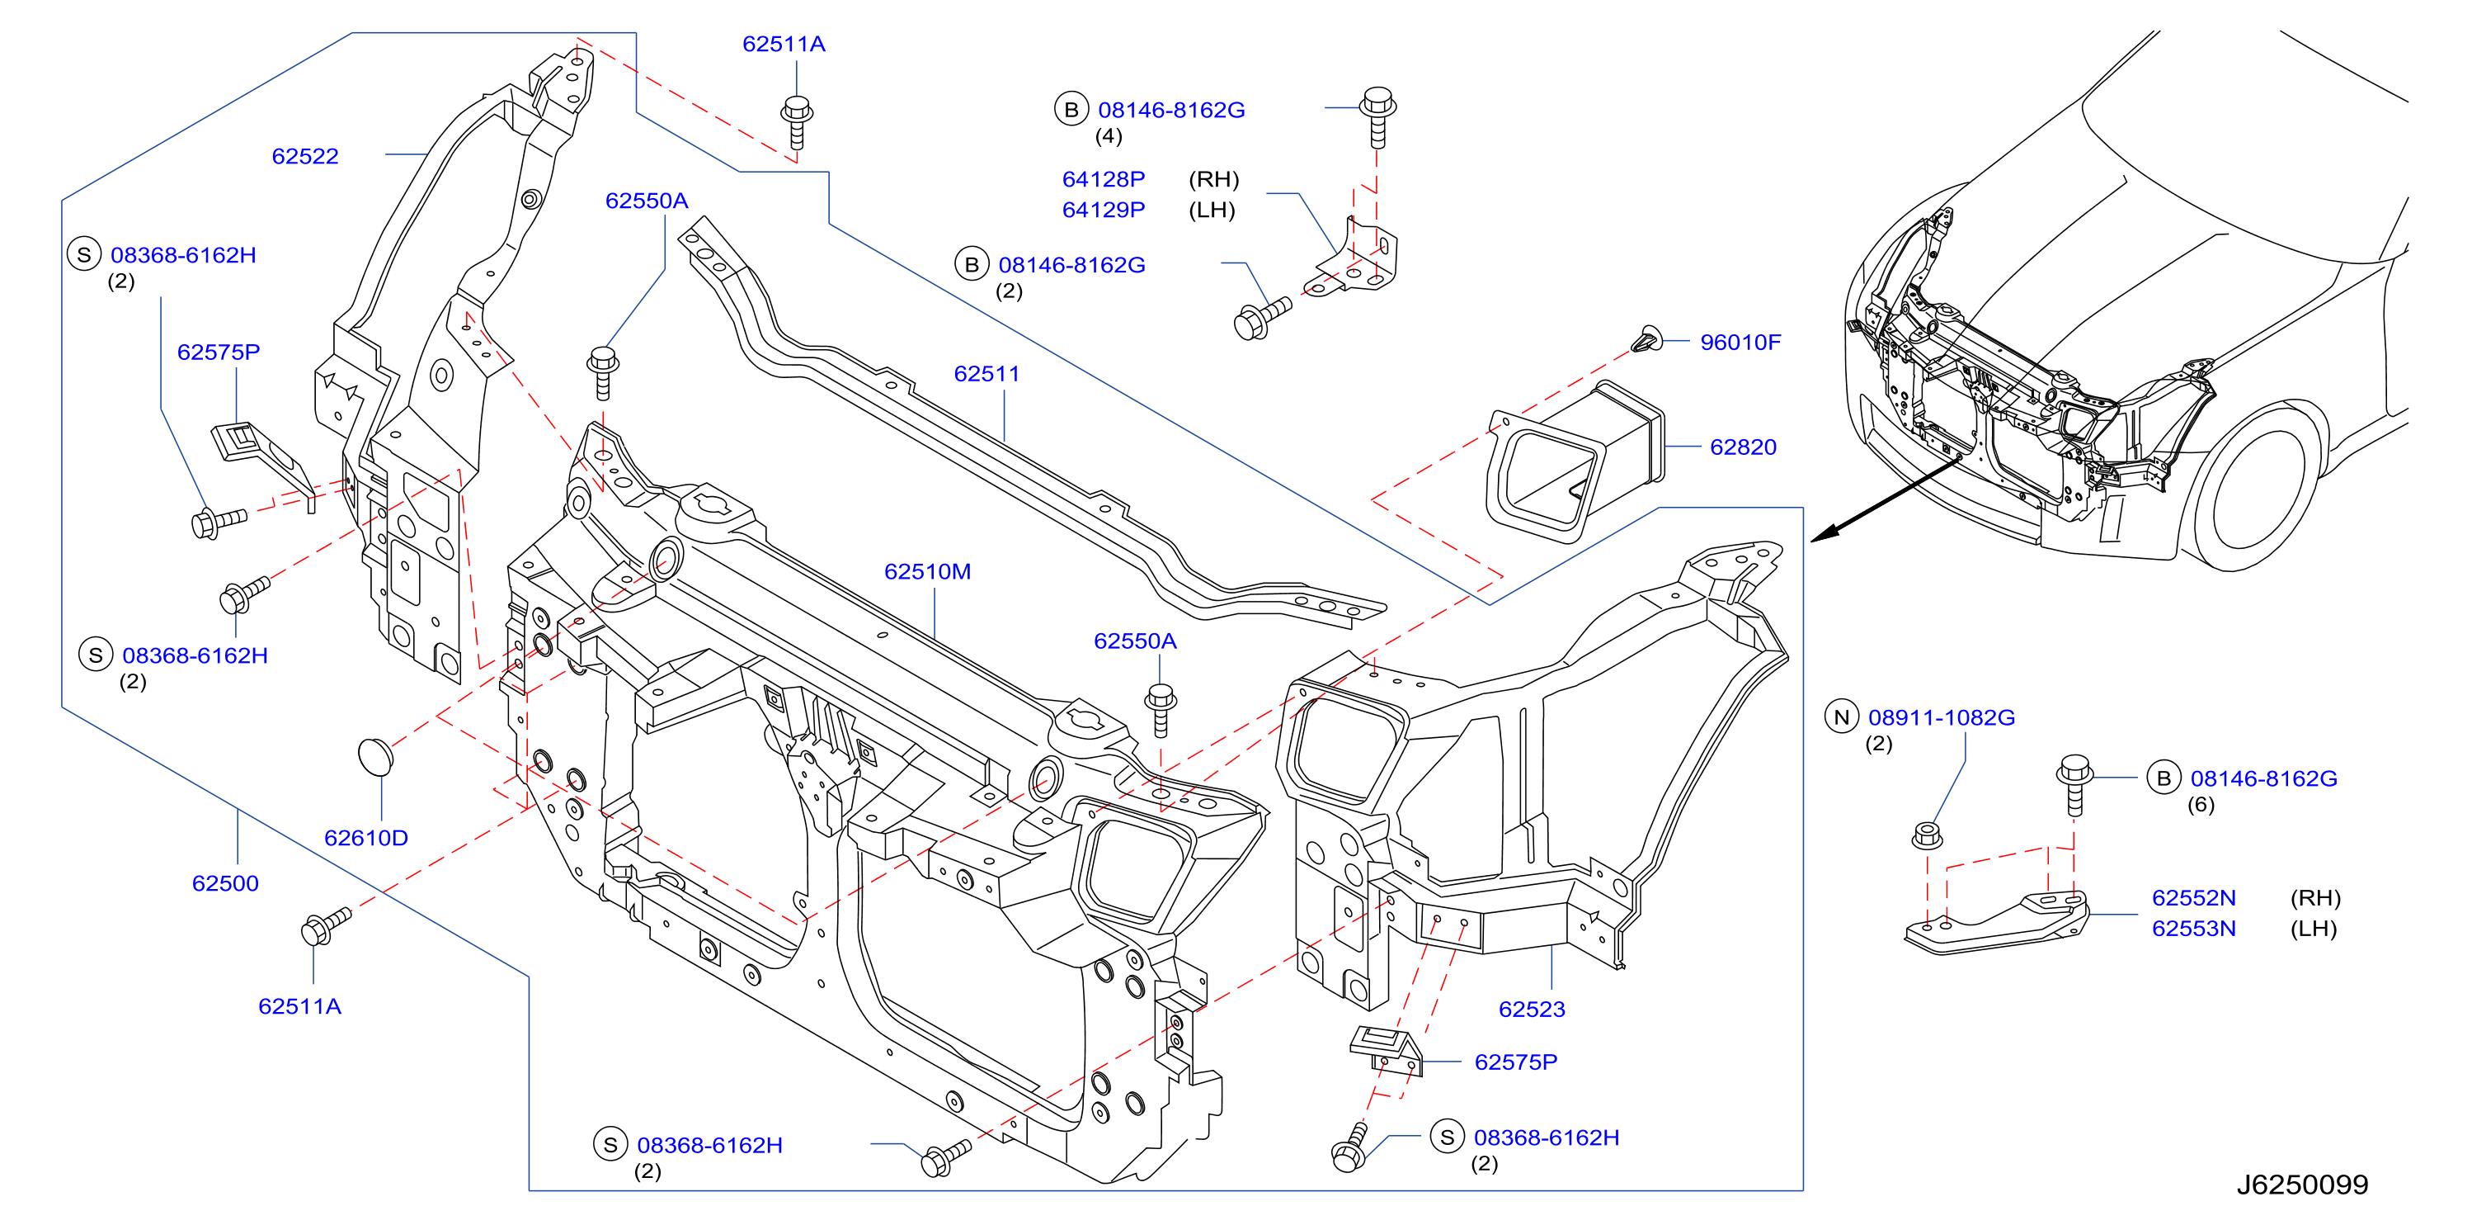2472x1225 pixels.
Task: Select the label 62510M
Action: coord(927,571)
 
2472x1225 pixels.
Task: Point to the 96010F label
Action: coord(1740,342)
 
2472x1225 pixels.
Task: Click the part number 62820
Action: coord(1743,447)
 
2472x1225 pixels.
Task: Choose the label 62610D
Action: coord(365,837)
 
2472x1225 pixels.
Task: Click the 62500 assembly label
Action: coord(225,883)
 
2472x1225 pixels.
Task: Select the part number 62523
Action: coord(1532,1009)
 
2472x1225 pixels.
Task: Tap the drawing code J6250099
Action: coord(2302,1185)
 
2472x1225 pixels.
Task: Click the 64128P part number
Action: coord(1104,178)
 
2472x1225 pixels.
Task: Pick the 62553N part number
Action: coord(2194,929)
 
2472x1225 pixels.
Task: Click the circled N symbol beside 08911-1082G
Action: coord(1840,717)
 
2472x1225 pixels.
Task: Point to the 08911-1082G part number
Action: coord(1942,717)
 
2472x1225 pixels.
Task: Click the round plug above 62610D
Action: coord(375,755)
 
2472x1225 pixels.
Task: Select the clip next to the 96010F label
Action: coord(1646,339)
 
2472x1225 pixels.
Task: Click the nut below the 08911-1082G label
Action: coord(1927,835)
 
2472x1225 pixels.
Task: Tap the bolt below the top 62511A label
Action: coord(797,123)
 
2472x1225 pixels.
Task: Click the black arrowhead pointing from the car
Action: coord(1824,534)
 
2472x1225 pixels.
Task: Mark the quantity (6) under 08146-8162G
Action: coord(2201,805)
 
